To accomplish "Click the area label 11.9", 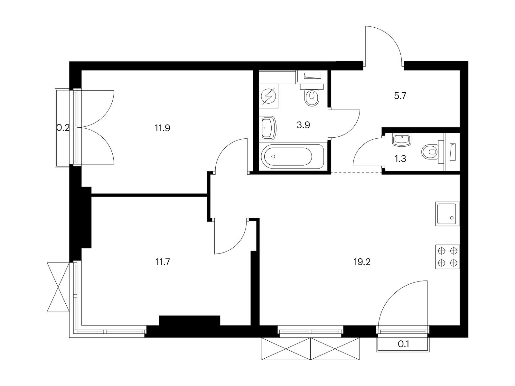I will coord(162,128).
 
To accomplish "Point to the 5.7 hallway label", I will coord(400,96).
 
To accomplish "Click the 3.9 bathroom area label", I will coord(303,125).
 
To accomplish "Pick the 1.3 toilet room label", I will coord(400,159).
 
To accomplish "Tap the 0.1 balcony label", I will coord(403,344).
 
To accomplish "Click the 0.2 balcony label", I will coord(63,128).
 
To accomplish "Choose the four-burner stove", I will coord(447,257).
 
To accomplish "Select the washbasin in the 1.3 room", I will coord(401,140).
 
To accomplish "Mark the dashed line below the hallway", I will coord(356,173).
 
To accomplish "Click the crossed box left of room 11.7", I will coord(58,287).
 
